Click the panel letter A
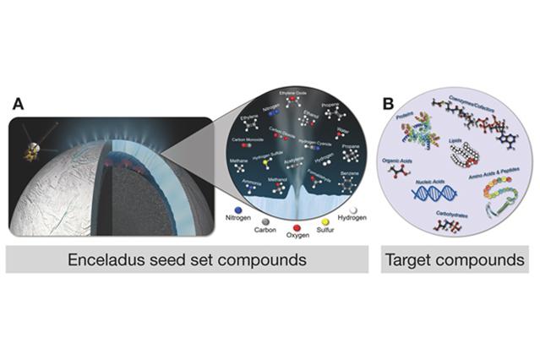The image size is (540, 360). pos(19,105)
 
